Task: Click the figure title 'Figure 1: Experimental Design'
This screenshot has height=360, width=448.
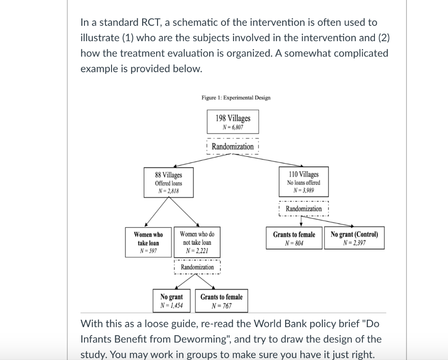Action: point(236,98)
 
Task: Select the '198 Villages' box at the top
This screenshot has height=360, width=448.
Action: point(233,122)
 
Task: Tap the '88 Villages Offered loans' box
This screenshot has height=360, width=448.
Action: point(168,183)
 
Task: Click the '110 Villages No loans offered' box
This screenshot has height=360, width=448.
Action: point(303,182)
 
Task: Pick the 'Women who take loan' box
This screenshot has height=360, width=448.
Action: point(148,242)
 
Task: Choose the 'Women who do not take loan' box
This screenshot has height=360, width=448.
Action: point(197,242)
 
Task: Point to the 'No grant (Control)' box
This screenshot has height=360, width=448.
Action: point(354,238)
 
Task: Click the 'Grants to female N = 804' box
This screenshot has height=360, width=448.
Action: point(294,238)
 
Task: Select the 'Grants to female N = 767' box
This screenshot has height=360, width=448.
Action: point(221,300)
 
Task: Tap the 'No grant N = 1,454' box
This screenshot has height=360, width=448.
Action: point(171,300)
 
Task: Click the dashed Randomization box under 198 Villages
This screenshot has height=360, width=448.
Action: point(233,146)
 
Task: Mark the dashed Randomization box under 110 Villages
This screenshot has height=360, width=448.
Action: point(303,208)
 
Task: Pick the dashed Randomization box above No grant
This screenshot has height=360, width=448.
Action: point(197,267)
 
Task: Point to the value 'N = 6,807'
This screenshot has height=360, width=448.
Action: point(233,127)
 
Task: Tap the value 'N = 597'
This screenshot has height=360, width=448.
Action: point(148,251)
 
